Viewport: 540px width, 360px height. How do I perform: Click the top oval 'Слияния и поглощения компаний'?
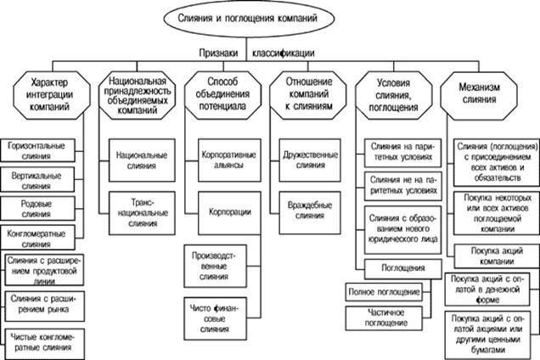269,18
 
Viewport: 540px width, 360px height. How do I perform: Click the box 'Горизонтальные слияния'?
37,151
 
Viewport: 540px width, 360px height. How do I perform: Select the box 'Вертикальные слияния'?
37,180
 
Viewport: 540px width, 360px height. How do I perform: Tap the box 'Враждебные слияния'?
305,210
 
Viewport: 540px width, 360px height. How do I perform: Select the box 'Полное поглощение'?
382,292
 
